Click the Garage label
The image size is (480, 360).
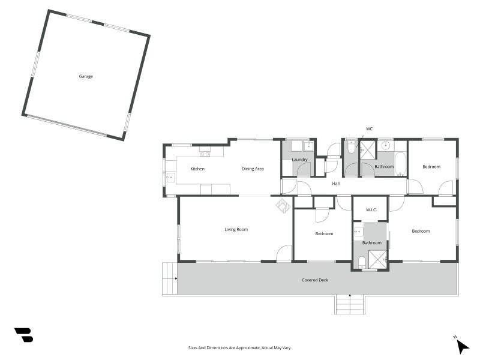(x=86, y=76)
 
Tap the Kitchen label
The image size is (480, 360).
(x=197, y=169)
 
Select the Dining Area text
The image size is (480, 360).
(x=253, y=169)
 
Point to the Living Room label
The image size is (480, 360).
(x=236, y=229)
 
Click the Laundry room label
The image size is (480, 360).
(x=299, y=160)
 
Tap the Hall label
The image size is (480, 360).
(x=336, y=184)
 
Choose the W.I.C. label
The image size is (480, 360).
(x=371, y=209)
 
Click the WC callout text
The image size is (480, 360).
(x=369, y=129)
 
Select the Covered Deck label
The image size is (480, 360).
(x=315, y=280)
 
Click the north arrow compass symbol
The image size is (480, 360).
(x=462, y=346)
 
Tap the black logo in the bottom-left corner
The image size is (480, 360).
(x=24, y=335)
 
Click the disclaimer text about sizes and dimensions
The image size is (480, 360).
(x=239, y=348)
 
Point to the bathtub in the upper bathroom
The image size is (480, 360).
(x=400, y=163)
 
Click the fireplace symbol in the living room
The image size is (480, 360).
(x=283, y=205)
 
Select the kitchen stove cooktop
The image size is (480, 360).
(x=205, y=154)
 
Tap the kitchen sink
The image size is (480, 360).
(x=170, y=177)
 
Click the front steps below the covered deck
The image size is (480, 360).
(x=350, y=304)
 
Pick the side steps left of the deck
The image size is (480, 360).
(x=170, y=278)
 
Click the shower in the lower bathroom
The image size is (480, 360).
(x=378, y=259)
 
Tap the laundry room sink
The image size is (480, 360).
(x=308, y=146)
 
